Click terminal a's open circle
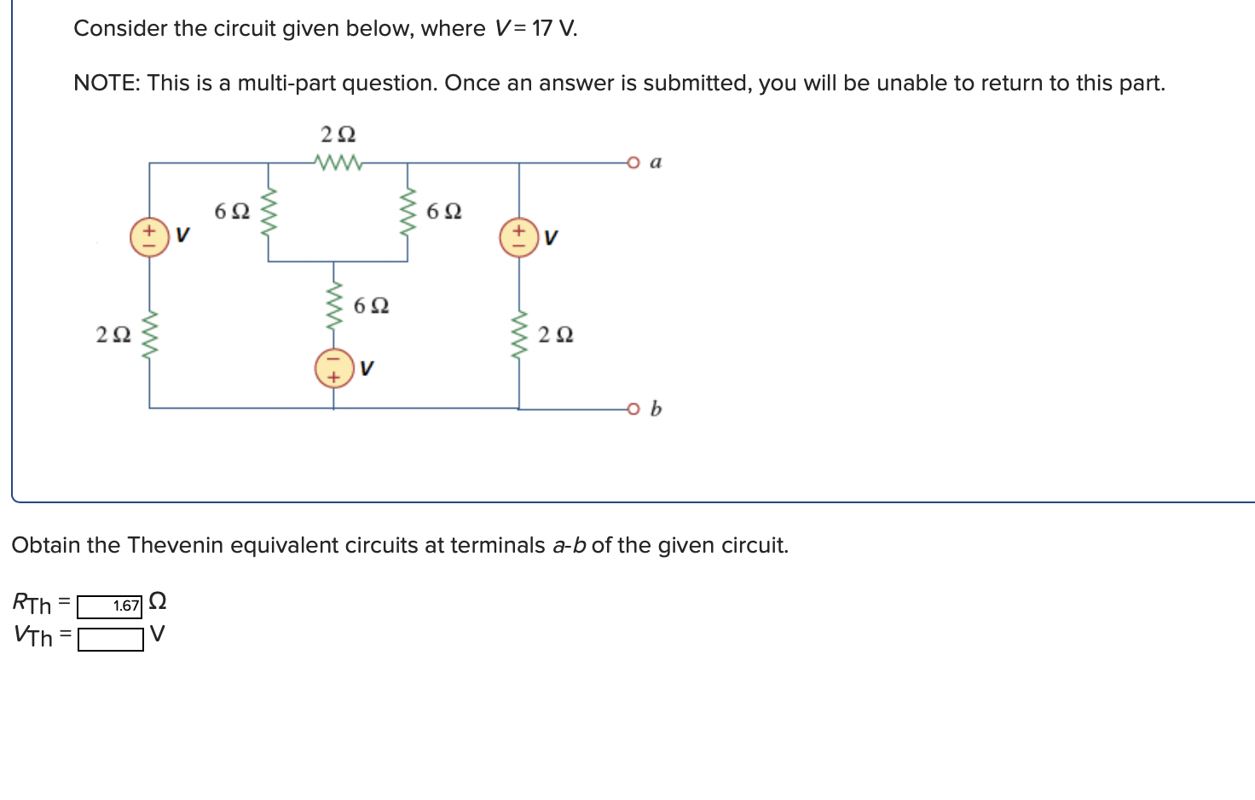pyautogui.click(x=633, y=162)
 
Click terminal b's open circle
pyautogui.click(x=633, y=409)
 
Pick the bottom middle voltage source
pyautogui.click(x=334, y=368)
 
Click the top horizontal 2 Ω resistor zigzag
pyautogui.click(x=338, y=161)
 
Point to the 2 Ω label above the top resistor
pyautogui.click(x=338, y=135)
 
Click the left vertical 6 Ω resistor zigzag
pyautogui.click(x=269, y=212)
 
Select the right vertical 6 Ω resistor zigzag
pyautogui.click(x=408, y=212)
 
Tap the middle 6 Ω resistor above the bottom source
pyautogui.click(x=334, y=304)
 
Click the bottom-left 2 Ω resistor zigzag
pyautogui.click(x=150, y=333)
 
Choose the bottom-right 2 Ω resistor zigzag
pyautogui.click(x=519, y=333)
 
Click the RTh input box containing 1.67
pyautogui.click(x=110, y=606)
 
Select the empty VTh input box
pyautogui.click(x=110, y=639)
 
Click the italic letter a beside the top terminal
pyautogui.click(x=656, y=162)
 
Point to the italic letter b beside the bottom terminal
pyautogui.click(x=656, y=409)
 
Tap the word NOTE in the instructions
pyautogui.click(x=106, y=84)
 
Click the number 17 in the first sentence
pyautogui.click(x=542, y=29)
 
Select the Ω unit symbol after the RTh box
pyautogui.click(x=158, y=602)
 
